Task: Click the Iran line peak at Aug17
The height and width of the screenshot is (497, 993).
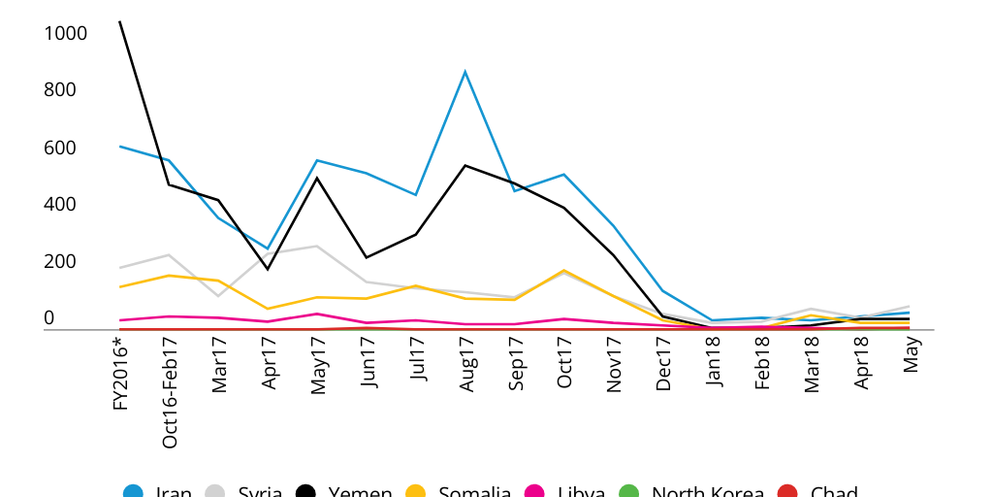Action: click(x=465, y=71)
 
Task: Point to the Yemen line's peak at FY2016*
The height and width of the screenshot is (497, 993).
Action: click(x=119, y=21)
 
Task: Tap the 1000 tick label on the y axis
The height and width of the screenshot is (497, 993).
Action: click(x=66, y=34)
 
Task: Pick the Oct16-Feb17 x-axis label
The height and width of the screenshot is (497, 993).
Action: click(x=170, y=392)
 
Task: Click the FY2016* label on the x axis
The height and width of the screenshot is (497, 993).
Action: click(x=120, y=373)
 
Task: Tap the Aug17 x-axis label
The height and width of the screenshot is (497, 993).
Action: click(x=466, y=365)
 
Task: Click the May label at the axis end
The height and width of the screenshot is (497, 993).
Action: click(x=912, y=349)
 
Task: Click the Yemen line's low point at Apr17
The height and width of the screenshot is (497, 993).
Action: click(x=268, y=269)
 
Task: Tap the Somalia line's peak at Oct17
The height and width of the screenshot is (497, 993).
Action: click(x=564, y=271)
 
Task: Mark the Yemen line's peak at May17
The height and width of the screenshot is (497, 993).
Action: click(x=317, y=178)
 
